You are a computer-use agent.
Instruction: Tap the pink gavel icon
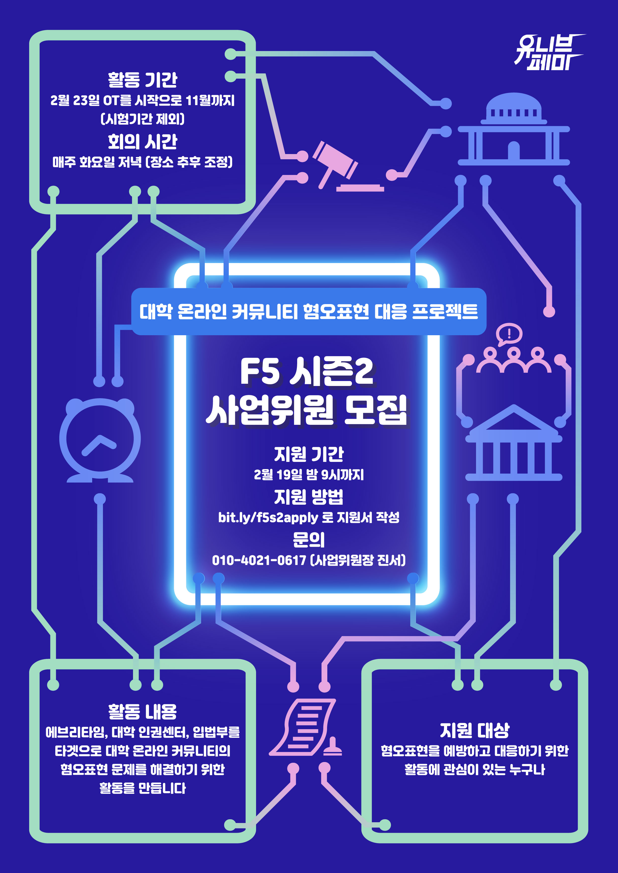tap(343, 165)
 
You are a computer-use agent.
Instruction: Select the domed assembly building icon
tap(513, 129)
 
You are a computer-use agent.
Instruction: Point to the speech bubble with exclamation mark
tap(509, 334)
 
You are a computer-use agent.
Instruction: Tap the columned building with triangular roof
tap(513, 443)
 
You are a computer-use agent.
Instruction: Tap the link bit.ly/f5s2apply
tap(268, 517)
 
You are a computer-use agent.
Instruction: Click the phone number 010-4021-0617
tap(259, 560)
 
